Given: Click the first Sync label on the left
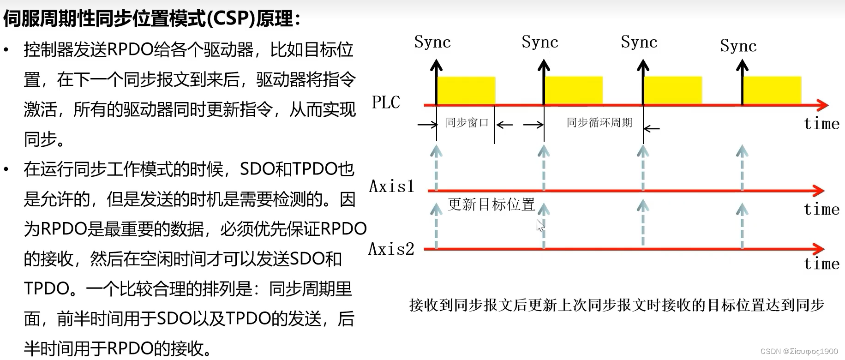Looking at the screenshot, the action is (x=432, y=42).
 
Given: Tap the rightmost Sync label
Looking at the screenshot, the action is (x=738, y=46).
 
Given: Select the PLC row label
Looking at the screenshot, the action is (x=386, y=102).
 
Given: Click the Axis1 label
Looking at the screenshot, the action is (x=391, y=186).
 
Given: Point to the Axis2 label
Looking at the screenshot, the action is (x=391, y=249).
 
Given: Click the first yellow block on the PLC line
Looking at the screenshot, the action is (x=466, y=90).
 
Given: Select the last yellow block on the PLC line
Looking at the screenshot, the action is (x=772, y=90).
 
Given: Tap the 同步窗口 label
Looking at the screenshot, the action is (x=467, y=123).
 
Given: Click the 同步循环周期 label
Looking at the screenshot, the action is (x=599, y=123).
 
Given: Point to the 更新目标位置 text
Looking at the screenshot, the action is (x=491, y=204).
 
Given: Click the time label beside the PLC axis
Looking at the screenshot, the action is (x=821, y=124).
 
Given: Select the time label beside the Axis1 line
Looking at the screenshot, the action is (x=821, y=210).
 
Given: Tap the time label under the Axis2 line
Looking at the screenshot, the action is (x=821, y=264).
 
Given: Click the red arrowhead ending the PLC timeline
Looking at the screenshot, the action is (x=823, y=105).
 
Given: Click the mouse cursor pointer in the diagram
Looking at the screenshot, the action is (x=540, y=225).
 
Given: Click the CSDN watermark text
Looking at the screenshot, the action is (x=798, y=352).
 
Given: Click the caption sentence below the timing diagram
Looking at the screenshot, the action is (x=616, y=305).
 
